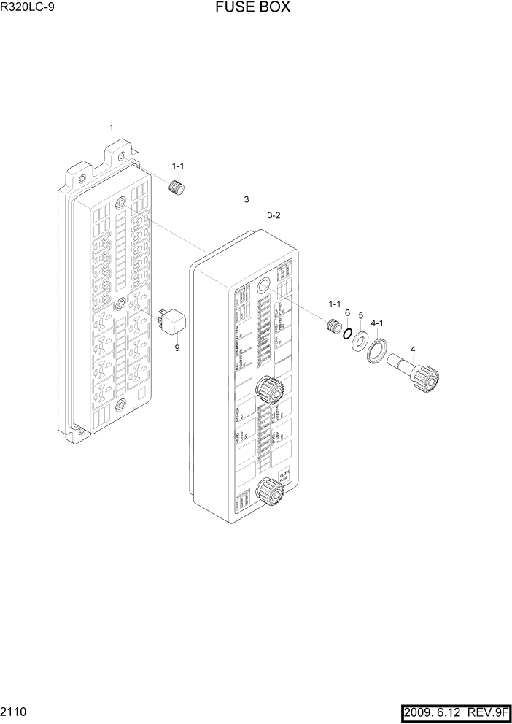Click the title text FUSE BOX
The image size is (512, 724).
click(x=253, y=8)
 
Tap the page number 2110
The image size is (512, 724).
click(x=14, y=710)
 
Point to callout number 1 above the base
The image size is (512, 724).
click(x=111, y=129)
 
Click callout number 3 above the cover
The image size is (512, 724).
click(x=247, y=200)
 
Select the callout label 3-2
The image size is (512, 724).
click(x=274, y=215)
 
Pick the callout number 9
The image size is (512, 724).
click(x=177, y=348)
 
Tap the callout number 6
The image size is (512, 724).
click(x=347, y=312)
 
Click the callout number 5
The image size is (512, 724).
click(x=360, y=316)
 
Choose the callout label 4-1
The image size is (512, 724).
click(x=377, y=321)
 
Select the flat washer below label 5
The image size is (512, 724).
click(x=361, y=341)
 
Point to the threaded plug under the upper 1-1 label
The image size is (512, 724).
click(x=177, y=188)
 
